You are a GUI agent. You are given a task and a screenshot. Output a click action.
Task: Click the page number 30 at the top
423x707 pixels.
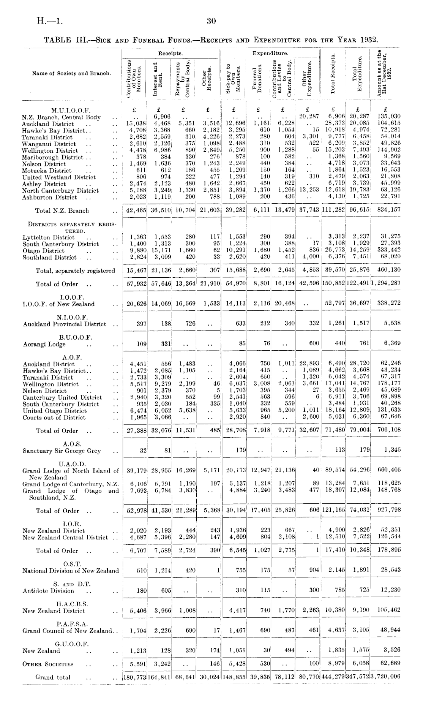pyautogui.click(x=211, y=21)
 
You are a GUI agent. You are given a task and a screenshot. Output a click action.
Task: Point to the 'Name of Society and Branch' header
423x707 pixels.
pyautogui.click(x=71, y=73)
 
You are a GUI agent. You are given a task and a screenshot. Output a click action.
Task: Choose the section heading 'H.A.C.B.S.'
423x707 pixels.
pyautogui.click(x=72, y=604)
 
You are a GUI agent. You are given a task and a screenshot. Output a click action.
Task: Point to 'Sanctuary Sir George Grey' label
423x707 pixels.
pyautogui.click(x=62, y=451)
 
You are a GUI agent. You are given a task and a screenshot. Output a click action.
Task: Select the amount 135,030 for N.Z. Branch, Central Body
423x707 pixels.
pyautogui.click(x=388, y=117)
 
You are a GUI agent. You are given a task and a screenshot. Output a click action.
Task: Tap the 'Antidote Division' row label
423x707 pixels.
pyautogui.click(x=48, y=591)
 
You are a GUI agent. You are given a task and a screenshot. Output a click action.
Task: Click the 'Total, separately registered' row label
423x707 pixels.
pyautogui.click(x=75, y=270)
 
